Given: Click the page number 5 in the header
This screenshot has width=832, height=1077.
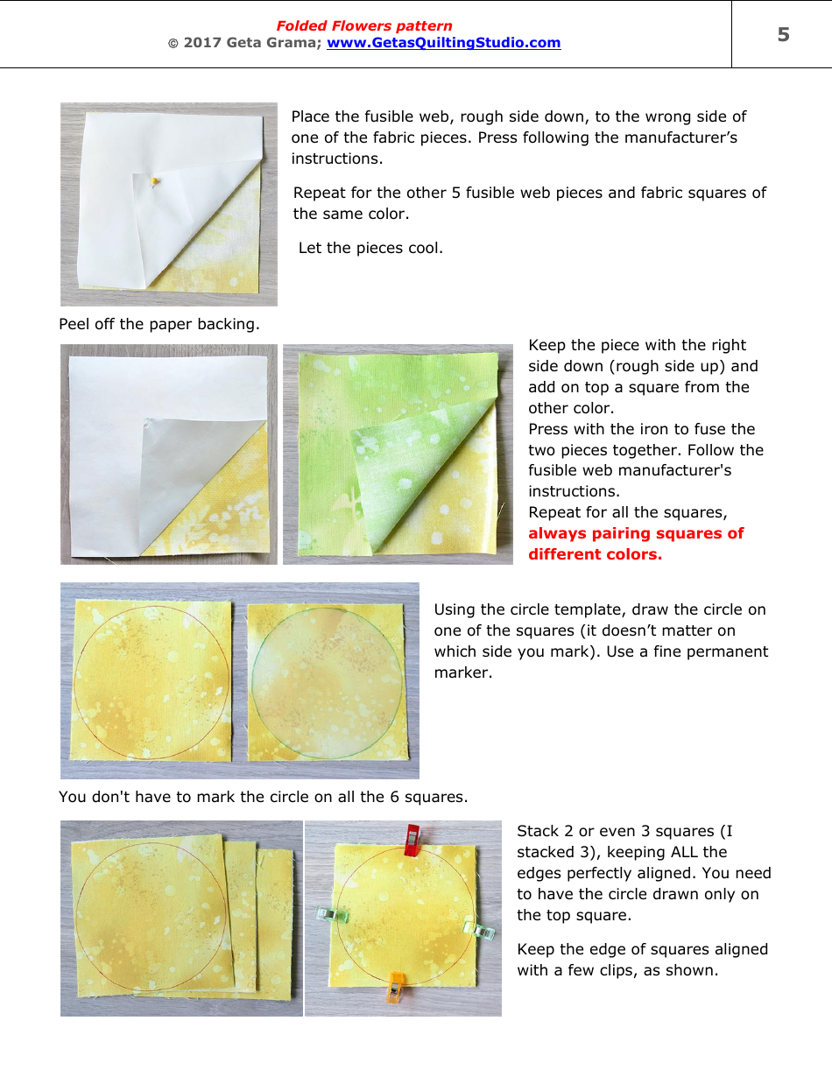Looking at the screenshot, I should point(783,35).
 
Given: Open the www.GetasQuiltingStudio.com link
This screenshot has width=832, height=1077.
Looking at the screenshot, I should point(443,43).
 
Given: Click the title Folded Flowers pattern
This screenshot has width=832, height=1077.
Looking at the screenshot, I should point(364,26).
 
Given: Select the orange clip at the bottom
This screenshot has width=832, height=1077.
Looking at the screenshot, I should point(396,984).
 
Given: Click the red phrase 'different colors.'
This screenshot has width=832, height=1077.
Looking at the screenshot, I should point(595,554).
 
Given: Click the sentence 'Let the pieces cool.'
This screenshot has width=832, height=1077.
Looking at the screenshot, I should point(370,248).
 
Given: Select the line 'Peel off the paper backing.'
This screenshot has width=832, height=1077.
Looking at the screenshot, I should point(159,324).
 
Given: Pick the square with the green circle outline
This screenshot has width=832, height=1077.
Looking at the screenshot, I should point(324,681).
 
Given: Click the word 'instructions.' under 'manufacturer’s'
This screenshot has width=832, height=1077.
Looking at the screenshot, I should point(336,158).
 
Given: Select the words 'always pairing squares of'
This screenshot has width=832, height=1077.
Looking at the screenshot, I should point(636,533).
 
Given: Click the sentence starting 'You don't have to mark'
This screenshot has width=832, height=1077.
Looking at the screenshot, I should point(263,797).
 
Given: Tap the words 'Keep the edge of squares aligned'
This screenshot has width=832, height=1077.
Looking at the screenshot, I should point(642,949).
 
